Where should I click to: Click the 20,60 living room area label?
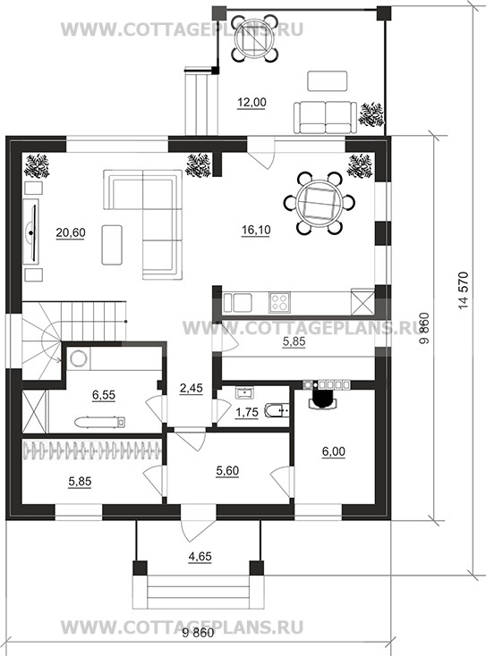pyautogui.click(x=71, y=232)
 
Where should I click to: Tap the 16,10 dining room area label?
pyautogui.click(x=256, y=230)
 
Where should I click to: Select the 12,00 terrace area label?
pyautogui.click(x=252, y=103)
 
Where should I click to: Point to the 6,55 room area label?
pyautogui.click(x=104, y=395)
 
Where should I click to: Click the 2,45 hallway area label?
pyautogui.click(x=191, y=388)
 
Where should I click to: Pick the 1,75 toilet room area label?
pyautogui.click(x=247, y=413)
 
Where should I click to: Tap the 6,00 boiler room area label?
pyautogui.click(x=334, y=452)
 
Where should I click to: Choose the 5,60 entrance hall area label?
pyautogui.click(x=227, y=471)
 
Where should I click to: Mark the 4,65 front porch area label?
pyautogui.click(x=200, y=557)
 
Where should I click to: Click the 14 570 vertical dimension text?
pyautogui.click(x=463, y=291)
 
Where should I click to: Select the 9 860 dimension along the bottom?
pyautogui.click(x=198, y=633)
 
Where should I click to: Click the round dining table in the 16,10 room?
pyautogui.click(x=320, y=203)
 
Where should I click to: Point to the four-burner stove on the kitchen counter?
pyautogui.click(x=279, y=302)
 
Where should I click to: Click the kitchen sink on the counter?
pyautogui.click(x=237, y=303)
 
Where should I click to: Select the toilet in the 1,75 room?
pyautogui.click(x=277, y=411)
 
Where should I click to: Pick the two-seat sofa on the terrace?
pyautogui.click(x=325, y=118)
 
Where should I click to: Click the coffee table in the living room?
pyautogui.click(x=112, y=245)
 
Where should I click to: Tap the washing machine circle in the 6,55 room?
pyautogui.click(x=78, y=358)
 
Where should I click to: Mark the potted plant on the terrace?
pyautogui.click(x=371, y=114)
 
